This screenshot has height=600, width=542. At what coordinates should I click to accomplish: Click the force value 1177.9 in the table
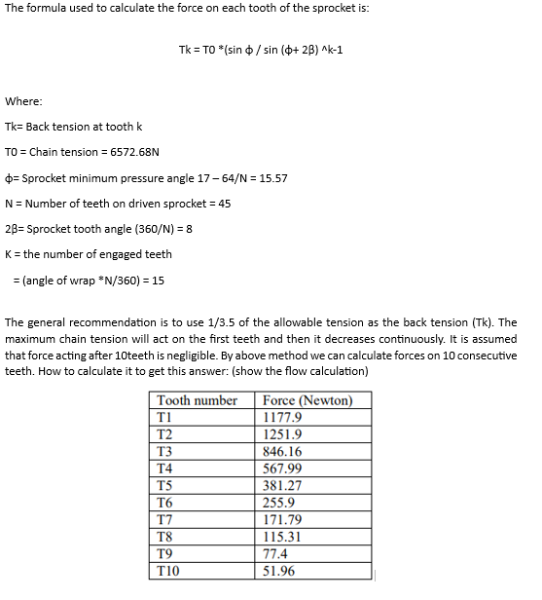click(x=282, y=417)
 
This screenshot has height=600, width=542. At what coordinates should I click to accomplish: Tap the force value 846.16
click(x=283, y=452)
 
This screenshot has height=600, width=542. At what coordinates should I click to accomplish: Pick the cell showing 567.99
click(x=283, y=469)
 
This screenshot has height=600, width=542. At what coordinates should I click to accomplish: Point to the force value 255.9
click(x=279, y=503)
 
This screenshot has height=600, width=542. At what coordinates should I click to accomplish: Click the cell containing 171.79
click(x=283, y=520)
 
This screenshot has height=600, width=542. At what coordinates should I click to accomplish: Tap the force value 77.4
click(x=275, y=554)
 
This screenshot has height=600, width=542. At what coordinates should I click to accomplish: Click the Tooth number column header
click(x=197, y=400)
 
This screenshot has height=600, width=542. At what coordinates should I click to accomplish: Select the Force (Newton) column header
click(x=307, y=400)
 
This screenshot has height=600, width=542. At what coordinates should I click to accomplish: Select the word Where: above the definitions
click(x=24, y=101)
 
